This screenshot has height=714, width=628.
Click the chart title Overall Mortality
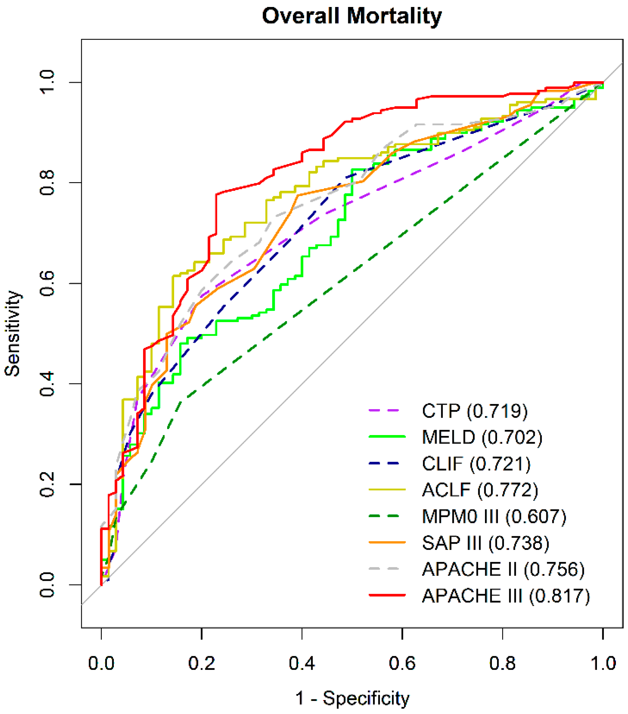click(352, 17)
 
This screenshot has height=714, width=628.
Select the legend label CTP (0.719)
click(474, 411)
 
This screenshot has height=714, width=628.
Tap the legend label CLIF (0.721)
click(476, 464)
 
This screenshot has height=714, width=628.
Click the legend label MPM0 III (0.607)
click(494, 516)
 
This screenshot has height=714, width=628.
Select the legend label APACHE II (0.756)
click(503, 569)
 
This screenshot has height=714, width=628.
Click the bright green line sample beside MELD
click(387, 437)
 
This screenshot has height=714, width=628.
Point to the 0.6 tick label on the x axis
click(402, 663)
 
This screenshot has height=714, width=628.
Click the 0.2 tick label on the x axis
click(201, 663)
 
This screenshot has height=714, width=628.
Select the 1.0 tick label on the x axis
click(603, 663)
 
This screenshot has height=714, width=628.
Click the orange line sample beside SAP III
click(387, 543)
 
